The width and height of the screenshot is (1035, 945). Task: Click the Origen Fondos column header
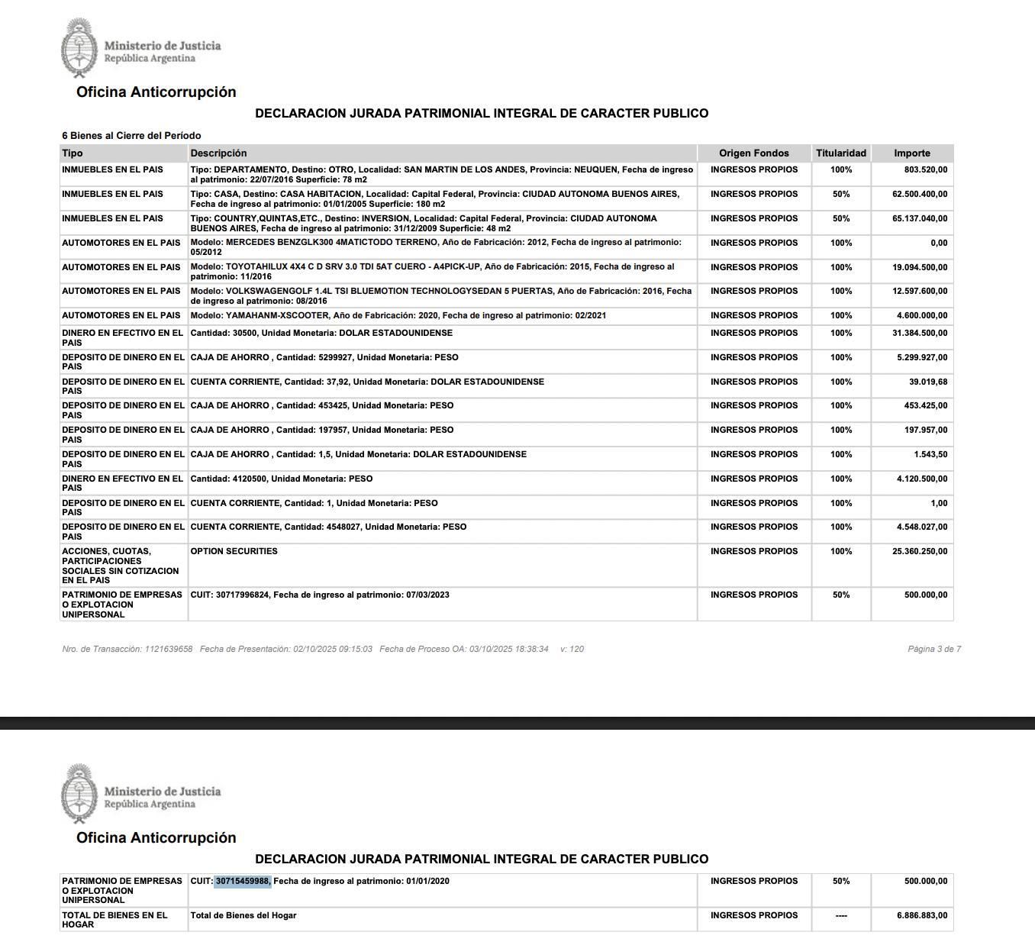(x=753, y=153)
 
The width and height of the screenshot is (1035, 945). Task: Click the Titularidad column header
(x=840, y=153)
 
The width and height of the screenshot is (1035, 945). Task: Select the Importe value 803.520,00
(x=925, y=170)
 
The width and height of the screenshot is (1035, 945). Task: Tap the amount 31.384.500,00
(x=919, y=334)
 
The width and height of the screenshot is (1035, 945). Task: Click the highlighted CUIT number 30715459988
(x=243, y=881)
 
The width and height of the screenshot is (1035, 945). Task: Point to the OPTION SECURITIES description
(x=234, y=551)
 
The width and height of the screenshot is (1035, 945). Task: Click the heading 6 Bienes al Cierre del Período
(x=131, y=136)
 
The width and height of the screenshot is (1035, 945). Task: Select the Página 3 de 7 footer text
(x=933, y=650)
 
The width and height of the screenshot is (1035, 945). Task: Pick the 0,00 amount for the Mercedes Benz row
(x=939, y=243)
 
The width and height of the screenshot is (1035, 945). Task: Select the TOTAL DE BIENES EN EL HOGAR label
(x=114, y=919)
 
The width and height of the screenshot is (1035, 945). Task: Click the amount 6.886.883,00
(x=921, y=915)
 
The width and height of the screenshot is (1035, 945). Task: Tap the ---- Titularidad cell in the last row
(x=840, y=915)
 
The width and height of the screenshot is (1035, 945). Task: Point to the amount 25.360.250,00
(x=919, y=551)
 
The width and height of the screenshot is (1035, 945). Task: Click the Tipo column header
(x=73, y=153)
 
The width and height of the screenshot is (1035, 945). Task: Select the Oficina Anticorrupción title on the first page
(x=156, y=92)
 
